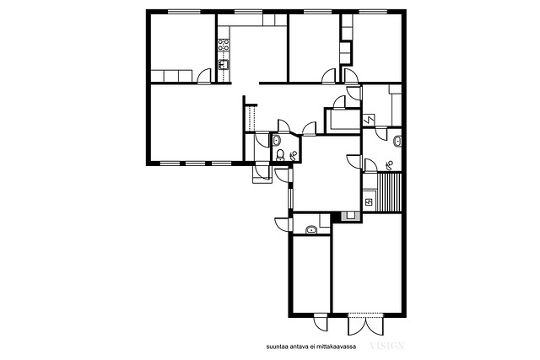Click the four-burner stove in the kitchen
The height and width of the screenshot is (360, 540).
224,45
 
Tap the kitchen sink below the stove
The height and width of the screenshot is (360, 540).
224,64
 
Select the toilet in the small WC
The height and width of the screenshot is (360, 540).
280,155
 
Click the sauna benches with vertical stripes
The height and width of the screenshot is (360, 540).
390,192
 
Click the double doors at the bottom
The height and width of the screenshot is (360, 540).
365,324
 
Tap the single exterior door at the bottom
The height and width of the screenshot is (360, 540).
321,322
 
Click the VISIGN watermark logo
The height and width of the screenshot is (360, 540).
386,346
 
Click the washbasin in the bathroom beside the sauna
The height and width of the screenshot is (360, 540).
398,142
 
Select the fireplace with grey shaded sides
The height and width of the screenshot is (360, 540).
351,216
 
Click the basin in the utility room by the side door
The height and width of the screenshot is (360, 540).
311,229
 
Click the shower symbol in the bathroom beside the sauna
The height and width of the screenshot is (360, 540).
390,166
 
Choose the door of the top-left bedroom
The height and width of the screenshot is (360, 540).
204,76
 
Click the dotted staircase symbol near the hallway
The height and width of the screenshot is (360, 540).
251,119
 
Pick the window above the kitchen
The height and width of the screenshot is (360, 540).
249,12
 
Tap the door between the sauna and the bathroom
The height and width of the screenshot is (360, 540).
370,165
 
